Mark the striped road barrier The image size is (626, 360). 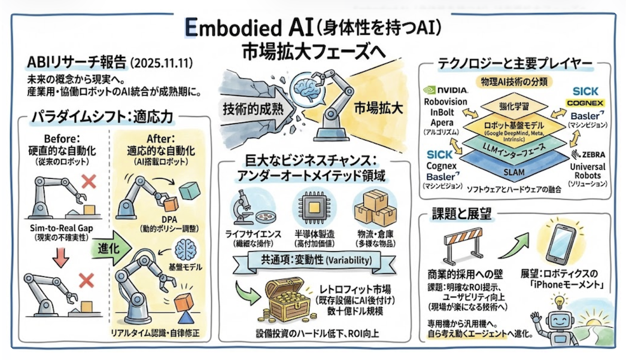coord(468,246)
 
